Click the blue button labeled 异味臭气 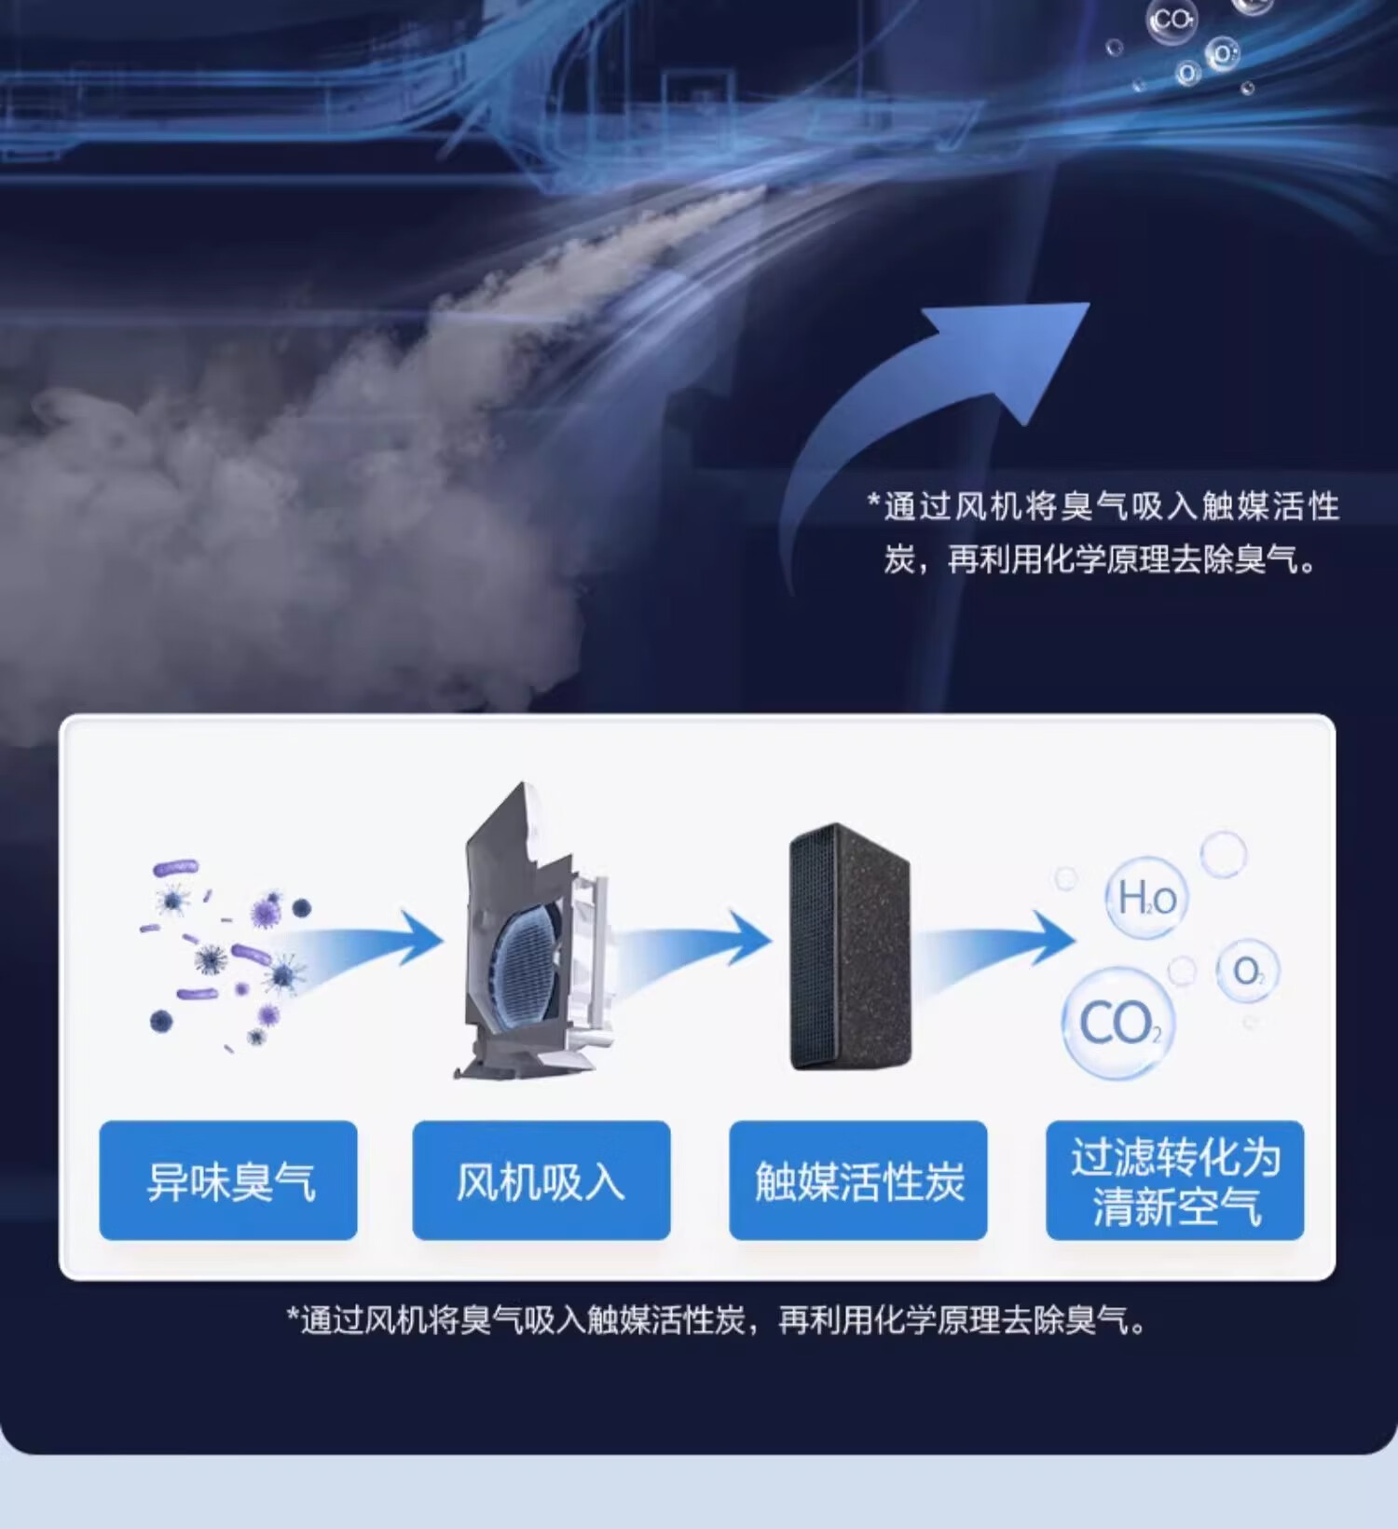228,1180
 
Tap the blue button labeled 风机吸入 541,1180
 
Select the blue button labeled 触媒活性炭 858,1180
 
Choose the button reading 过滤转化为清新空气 1175,1180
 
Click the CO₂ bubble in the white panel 1118,1024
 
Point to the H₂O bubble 1146,898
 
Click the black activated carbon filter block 849,947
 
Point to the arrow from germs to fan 363,942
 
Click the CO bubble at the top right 1172,21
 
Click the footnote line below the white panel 718,1320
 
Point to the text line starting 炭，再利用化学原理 1101,559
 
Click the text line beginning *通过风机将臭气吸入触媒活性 1103,506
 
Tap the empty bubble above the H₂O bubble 1223,852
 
